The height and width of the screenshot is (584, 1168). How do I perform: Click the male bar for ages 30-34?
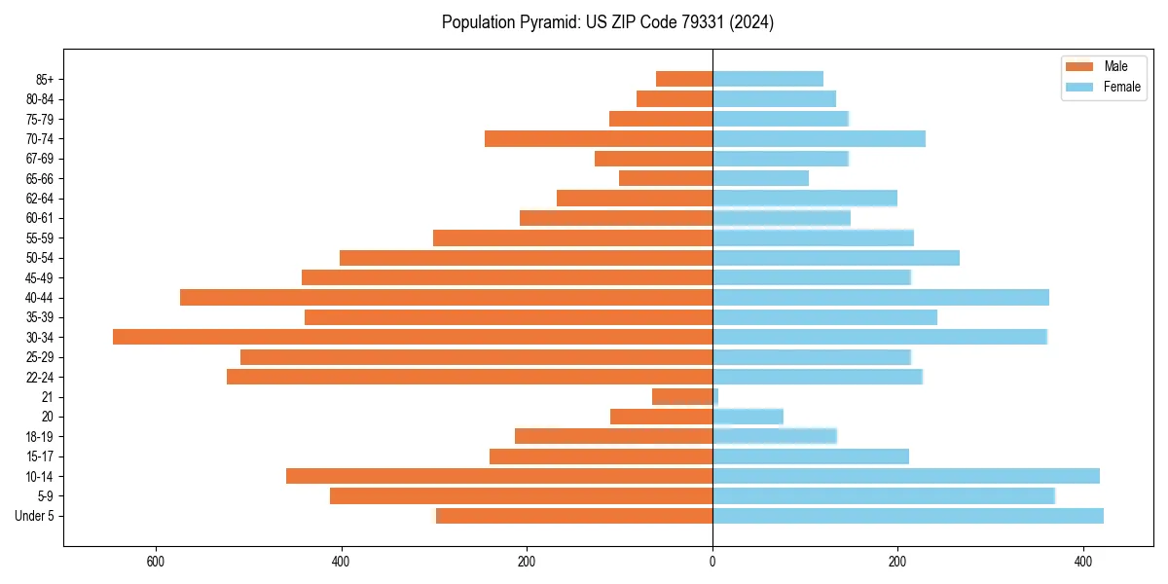pyautogui.click(x=413, y=337)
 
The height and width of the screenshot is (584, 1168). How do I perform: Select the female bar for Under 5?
pyautogui.click(x=908, y=516)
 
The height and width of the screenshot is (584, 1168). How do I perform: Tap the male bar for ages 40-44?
pyautogui.click(x=446, y=297)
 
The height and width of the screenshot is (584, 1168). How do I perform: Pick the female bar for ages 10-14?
pyautogui.click(x=906, y=476)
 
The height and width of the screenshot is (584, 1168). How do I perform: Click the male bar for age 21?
pyautogui.click(x=682, y=396)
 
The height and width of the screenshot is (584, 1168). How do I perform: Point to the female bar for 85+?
pyautogui.click(x=768, y=79)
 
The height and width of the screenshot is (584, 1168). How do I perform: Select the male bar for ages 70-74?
pyautogui.click(x=599, y=138)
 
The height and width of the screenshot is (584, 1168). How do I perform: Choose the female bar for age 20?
pyautogui.click(x=748, y=417)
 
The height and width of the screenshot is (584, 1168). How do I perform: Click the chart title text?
pyautogui.click(x=607, y=22)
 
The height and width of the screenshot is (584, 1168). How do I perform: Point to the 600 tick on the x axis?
pyautogui.click(x=155, y=562)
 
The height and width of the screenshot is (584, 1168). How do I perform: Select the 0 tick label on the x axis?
pyautogui.click(x=712, y=562)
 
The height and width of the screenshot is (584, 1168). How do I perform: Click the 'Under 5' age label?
pyautogui.click(x=35, y=516)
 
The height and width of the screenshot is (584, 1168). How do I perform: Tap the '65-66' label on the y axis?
pyautogui.click(x=40, y=178)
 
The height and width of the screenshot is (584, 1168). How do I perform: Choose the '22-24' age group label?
pyautogui.click(x=40, y=377)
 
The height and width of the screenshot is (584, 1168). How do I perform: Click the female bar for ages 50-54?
pyautogui.click(x=836, y=258)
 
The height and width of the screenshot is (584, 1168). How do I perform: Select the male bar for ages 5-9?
pyautogui.click(x=521, y=496)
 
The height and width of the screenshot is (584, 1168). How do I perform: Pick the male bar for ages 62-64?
pyautogui.click(x=635, y=198)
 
